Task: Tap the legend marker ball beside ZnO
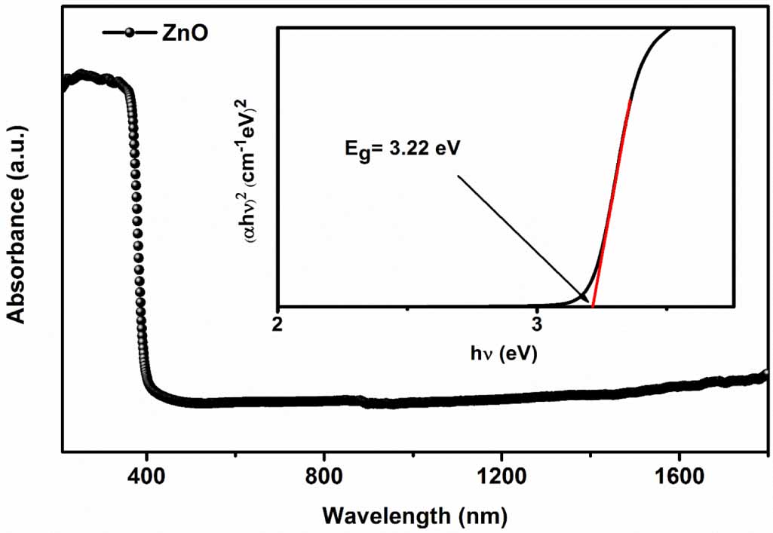[x=129, y=34]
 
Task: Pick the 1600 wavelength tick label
[x=679, y=479]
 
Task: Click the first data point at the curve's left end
[x=63, y=81]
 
